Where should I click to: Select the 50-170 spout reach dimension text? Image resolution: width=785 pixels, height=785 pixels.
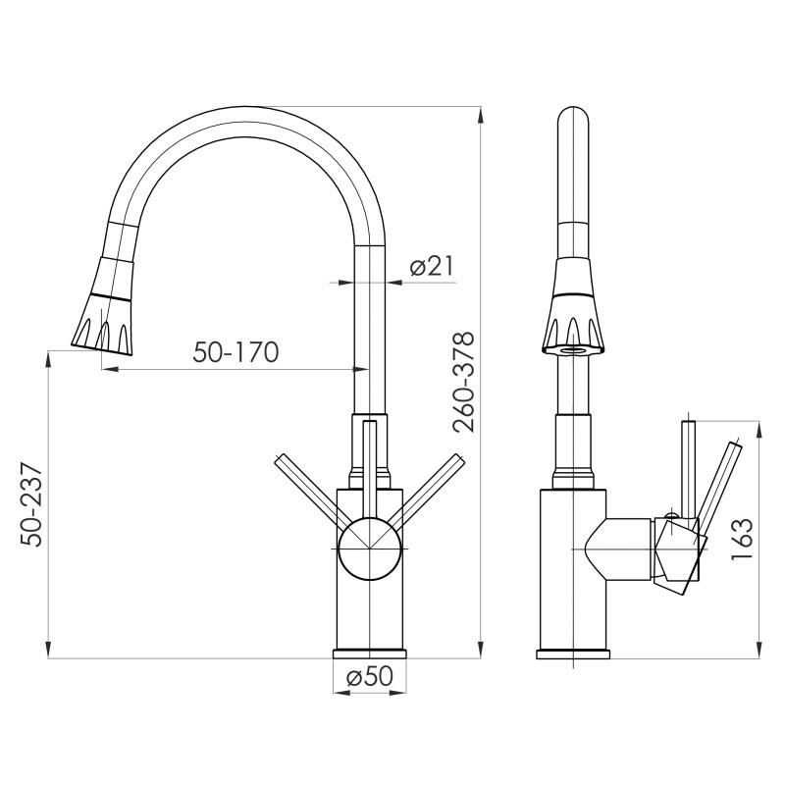click(x=235, y=351)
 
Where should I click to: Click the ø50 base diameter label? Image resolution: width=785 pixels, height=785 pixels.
click(x=370, y=676)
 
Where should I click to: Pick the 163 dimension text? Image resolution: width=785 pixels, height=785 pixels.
click(x=742, y=539)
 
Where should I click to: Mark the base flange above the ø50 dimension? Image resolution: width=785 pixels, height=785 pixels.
click(x=369, y=654)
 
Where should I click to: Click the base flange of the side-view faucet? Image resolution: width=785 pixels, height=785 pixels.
click(x=573, y=654)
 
